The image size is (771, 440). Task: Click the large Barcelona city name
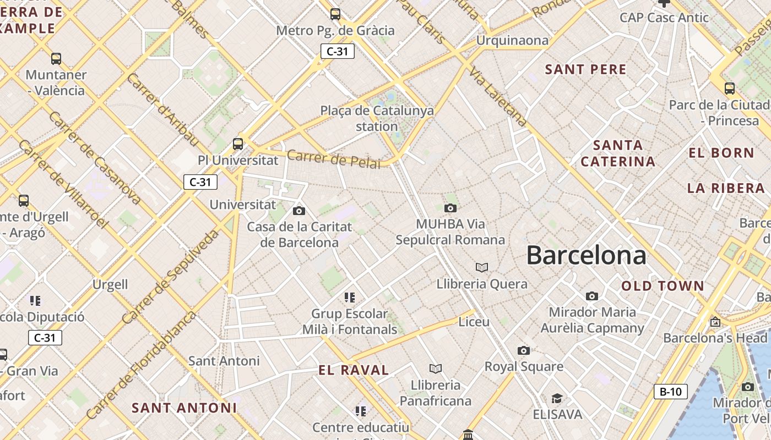click(x=586, y=255)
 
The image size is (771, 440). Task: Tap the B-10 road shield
click(x=670, y=392)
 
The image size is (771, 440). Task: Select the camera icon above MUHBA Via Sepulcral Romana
click(x=450, y=208)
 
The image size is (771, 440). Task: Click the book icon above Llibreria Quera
click(x=482, y=267)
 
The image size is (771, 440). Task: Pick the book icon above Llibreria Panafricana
click(x=436, y=369)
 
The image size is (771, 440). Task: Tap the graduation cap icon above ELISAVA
click(x=557, y=398)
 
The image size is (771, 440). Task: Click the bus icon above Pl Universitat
click(x=238, y=144)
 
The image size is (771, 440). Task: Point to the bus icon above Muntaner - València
click(x=56, y=58)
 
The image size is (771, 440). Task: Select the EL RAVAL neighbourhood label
click(x=354, y=370)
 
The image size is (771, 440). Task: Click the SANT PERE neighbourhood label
click(x=585, y=69)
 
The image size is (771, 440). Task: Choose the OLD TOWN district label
click(x=663, y=286)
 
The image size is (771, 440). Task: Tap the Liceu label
click(x=474, y=322)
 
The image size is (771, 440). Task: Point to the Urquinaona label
click(x=512, y=40)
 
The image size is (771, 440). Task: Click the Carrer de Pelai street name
click(x=334, y=159)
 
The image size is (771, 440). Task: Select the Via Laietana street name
click(x=498, y=96)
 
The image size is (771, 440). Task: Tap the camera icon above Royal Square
click(x=523, y=350)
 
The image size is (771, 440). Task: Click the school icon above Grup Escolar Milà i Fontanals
click(x=350, y=298)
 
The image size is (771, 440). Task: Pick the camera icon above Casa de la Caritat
click(x=299, y=211)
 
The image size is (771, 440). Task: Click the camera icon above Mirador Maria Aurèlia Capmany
click(x=592, y=296)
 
